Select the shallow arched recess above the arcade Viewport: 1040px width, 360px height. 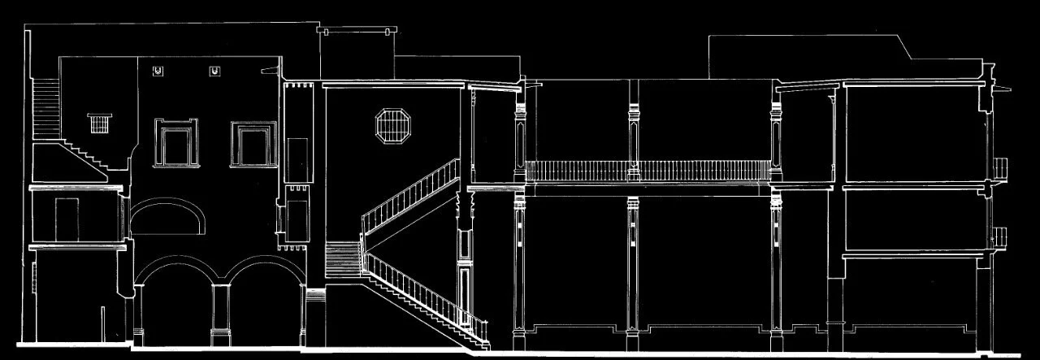(x=168, y=218)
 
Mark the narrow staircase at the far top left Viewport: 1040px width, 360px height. (x=46, y=107)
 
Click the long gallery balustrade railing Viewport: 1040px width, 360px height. (x=646, y=171)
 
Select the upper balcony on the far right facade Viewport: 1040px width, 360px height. (x=1002, y=167)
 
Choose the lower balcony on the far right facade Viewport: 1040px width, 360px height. (x=1001, y=236)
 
